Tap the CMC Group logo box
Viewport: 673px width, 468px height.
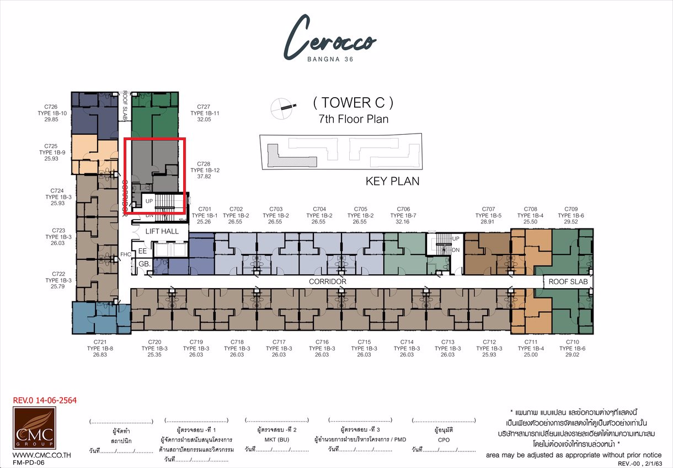click(33, 429)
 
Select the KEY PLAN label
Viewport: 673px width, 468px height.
click(392, 181)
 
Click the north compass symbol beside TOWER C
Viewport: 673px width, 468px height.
click(281, 107)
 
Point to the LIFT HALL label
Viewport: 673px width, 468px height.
click(162, 231)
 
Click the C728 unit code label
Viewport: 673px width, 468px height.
click(204, 164)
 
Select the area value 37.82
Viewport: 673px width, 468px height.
click(204, 177)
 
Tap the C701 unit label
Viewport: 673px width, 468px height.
click(204, 209)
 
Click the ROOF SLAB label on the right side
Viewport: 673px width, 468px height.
click(568, 281)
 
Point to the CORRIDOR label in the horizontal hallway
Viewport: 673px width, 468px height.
click(327, 281)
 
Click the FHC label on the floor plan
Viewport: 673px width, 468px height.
click(125, 255)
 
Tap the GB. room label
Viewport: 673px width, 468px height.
click(144, 264)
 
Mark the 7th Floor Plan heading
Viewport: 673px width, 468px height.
click(353, 119)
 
